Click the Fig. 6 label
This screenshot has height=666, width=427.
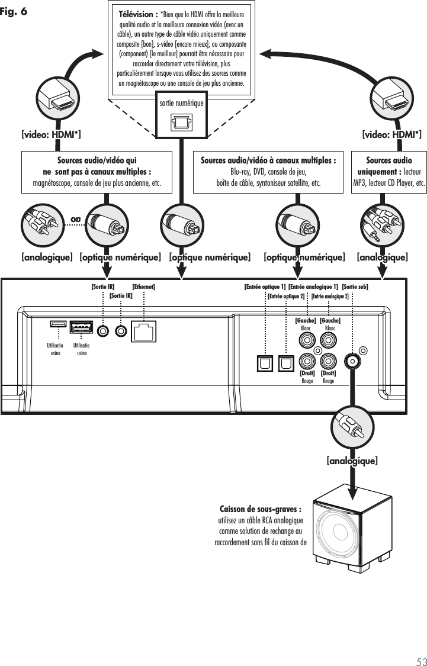coord(14,11)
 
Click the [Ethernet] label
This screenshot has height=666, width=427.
coord(143,287)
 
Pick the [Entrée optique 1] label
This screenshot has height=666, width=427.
coord(265,287)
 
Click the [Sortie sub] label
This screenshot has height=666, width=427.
coord(355,287)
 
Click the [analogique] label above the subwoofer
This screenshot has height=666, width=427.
coord(352,460)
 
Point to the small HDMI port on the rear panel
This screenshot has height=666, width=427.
coord(57,324)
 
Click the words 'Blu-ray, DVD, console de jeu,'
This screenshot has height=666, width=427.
coord(268,172)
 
